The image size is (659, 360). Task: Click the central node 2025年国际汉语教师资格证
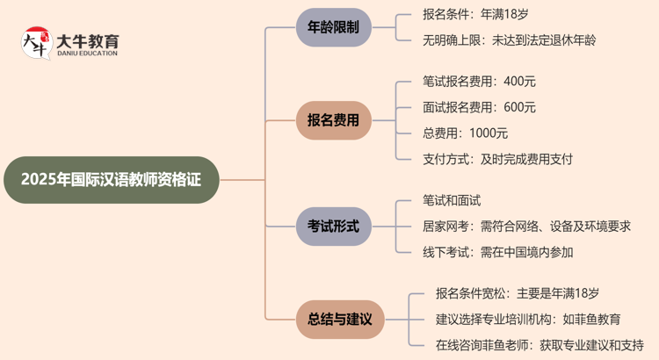(110, 180)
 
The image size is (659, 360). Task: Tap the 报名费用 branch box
(334, 120)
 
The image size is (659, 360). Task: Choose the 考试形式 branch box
(334, 226)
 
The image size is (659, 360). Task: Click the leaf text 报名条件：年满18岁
(475, 15)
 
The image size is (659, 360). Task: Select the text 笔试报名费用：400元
(479, 82)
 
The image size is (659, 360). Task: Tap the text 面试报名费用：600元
(479, 107)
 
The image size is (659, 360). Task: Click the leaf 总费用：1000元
(465, 133)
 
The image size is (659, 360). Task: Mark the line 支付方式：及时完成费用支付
(497, 159)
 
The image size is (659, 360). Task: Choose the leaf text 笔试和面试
(452, 201)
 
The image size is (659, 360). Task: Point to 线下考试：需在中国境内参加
(497, 252)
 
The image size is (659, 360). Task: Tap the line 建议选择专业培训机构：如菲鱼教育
(528, 319)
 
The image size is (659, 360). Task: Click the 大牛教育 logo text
(87, 41)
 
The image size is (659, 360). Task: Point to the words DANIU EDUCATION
(87, 55)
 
